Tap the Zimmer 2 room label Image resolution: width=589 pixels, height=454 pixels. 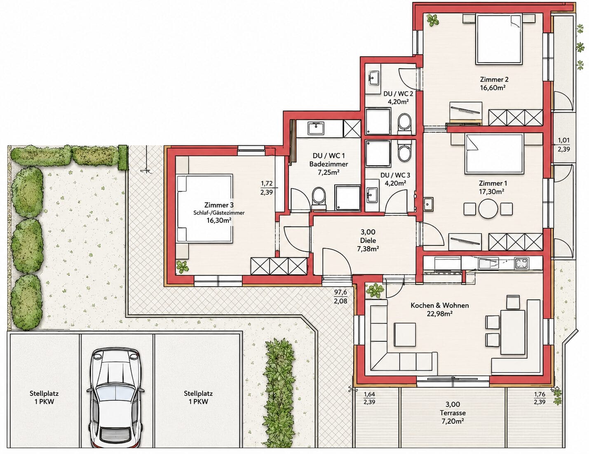tap(494, 80)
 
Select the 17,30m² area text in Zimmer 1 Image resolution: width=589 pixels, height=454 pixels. tap(491, 192)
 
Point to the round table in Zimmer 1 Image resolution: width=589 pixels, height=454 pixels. tap(488, 209)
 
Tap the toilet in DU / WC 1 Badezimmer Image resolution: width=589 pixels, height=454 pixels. tap(319, 197)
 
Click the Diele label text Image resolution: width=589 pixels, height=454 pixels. tap(368, 240)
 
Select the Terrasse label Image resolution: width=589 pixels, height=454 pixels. tap(453, 413)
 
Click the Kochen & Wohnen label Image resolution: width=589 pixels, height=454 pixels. tap(440, 306)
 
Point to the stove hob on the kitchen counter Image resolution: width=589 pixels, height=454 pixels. tap(521, 263)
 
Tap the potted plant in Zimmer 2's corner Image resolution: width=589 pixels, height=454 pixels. tap(433, 20)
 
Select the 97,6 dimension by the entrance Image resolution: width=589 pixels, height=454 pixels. tap(340, 292)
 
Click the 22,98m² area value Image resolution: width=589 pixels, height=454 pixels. tap(440, 314)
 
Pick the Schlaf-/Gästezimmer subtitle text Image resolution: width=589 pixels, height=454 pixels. tap(219, 213)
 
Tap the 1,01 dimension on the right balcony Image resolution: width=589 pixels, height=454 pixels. tap(563, 140)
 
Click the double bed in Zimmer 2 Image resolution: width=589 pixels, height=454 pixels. tap(499, 40)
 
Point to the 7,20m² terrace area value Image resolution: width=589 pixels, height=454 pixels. tap(453, 421)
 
